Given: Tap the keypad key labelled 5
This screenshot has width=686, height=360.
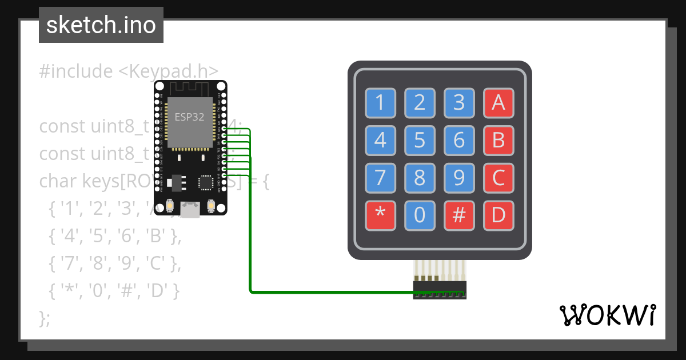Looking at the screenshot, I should pos(420,140).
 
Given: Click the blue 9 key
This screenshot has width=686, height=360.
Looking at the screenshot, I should pos(459,178).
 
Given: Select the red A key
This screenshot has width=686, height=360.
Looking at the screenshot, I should pos(498,103).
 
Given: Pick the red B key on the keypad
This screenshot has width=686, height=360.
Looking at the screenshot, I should pos(498,140).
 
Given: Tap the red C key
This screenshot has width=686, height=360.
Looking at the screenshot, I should pos(498,178).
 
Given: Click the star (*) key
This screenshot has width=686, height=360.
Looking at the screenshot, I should pos(380,215).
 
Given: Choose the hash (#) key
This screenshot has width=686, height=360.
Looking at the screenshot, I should pos(459,215).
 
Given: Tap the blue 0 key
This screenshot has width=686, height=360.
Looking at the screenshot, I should pos(420,215).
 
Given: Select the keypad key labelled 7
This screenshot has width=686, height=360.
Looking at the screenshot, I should pos(380,178).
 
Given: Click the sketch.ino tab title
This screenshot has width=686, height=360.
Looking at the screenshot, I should pos(101,25).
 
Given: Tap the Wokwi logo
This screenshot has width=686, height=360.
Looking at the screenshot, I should pos(608,315).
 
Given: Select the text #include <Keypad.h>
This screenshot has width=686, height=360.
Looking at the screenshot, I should pos(129,71).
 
